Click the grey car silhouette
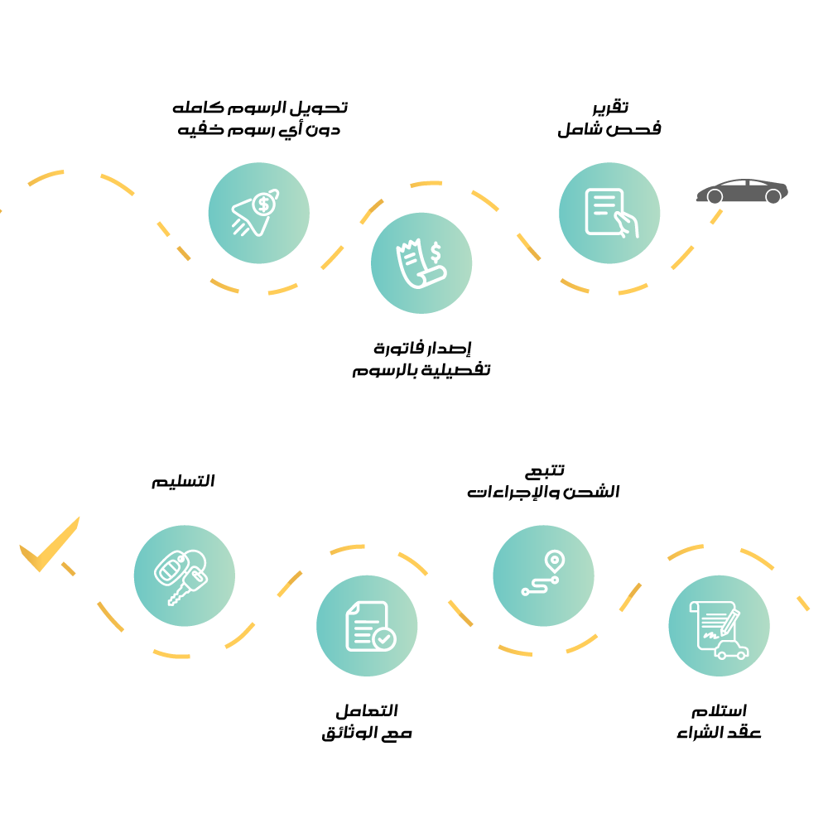tap(741, 191)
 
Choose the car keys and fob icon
tap(184, 575)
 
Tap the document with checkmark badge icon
tap(367, 626)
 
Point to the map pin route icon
tap(543, 575)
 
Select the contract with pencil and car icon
tap(719, 626)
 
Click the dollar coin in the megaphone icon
tap(263, 203)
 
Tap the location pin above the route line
tap(553, 561)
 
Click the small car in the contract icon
tap(731, 650)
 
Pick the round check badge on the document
tap(383, 639)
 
